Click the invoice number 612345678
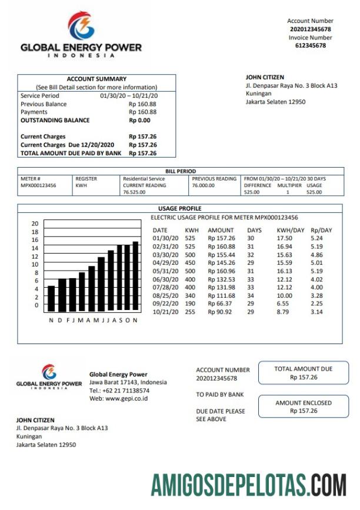coord(310,45)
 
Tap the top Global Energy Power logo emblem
coord(81,26)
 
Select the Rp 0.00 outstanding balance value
coord(139,120)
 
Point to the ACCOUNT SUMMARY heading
coord(96,79)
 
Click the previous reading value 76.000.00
coord(204,185)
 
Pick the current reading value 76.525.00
coord(134,192)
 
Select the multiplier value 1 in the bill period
coord(288,192)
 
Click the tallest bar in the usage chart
coord(135,276)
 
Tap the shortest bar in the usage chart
coord(51,298)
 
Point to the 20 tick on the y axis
coord(35,224)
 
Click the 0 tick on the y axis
coord(36,305)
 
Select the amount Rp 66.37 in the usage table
coord(219,304)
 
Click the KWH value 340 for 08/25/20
coord(190,296)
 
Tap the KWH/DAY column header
coord(289,230)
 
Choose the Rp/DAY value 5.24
coord(316,238)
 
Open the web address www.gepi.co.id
coord(126,398)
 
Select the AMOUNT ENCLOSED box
coord(303,406)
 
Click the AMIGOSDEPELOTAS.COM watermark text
coord(248,485)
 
